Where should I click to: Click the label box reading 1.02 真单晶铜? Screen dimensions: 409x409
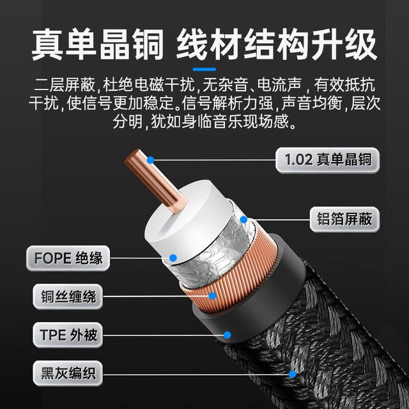(x=327, y=160)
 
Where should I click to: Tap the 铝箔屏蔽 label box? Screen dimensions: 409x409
(x=344, y=219)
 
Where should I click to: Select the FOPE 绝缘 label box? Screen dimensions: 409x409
(x=68, y=258)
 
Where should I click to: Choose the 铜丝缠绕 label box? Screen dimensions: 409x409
(x=68, y=297)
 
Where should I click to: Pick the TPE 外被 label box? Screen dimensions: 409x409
(x=68, y=335)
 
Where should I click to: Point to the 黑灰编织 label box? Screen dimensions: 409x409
(x=68, y=373)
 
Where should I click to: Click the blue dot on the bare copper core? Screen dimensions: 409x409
(x=151, y=160)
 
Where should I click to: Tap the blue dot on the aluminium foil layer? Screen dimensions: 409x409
(x=243, y=220)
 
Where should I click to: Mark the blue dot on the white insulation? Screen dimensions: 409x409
(x=173, y=258)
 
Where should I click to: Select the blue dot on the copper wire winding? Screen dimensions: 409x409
(x=212, y=296)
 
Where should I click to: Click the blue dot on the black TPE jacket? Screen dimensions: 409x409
(x=228, y=335)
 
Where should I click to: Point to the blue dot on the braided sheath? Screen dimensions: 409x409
(x=293, y=374)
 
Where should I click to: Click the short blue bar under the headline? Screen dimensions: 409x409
(x=204, y=70)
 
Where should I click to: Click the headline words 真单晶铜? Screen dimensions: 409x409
(x=98, y=45)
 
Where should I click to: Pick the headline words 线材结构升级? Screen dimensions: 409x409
(x=277, y=45)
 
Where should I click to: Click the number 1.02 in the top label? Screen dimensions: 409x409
(x=298, y=160)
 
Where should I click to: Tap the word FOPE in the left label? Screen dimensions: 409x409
(x=52, y=258)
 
